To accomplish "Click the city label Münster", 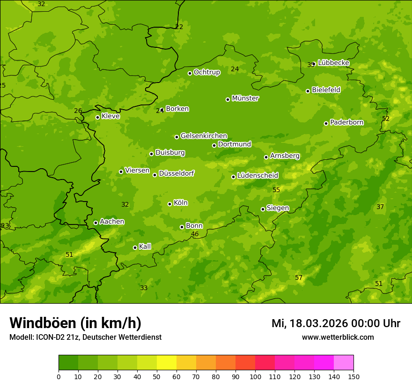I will (x=245, y=98).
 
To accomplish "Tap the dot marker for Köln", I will (x=169, y=204).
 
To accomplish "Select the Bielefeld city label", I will (x=326, y=90).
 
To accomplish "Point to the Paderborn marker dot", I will (x=326, y=123).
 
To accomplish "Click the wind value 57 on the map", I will (x=299, y=278).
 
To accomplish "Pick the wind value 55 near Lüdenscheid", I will (x=276, y=190).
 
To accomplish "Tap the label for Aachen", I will (x=112, y=222).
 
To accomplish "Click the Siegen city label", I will (x=278, y=208).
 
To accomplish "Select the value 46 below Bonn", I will (x=195, y=234).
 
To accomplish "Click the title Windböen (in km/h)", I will (x=75, y=323).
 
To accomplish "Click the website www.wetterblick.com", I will (x=338, y=337).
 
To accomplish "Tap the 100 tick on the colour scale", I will (x=255, y=376).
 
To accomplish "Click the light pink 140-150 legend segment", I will (x=344, y=363).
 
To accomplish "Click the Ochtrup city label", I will (x=206, y=72).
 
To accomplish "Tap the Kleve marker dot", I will (x=97, y=117).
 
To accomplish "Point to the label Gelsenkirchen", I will (x=204, y=136).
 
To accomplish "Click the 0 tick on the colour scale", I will (x=59, y=376).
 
